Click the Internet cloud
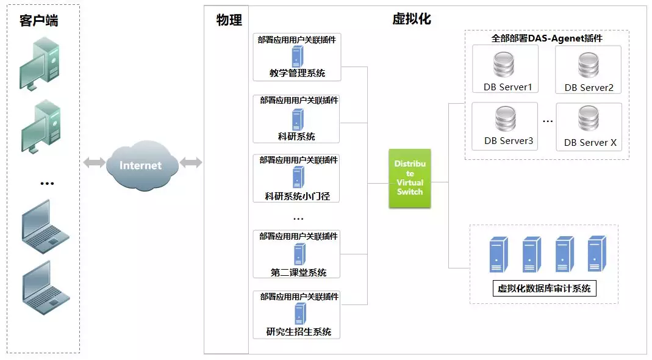pos(142,165)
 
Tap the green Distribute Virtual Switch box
pos(410,178)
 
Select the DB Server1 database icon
pos(504,65)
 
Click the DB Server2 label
pos(589,88)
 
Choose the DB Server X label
pos(590,142)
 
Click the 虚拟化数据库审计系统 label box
pos(544,289)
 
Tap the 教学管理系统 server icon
pos(297,56)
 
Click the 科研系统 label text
pos(296,137)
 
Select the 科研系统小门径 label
pos(297,196)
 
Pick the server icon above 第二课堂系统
pos(299,254)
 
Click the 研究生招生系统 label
pos(299,332)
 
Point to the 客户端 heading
pos(38,20)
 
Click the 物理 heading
pos(229,20)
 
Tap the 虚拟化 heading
pos(412,19)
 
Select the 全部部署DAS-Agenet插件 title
pos(547,38)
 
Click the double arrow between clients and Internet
pos(95,162)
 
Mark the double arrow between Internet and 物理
pos(191,162)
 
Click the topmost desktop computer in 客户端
pos(40,63)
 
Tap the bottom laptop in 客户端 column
pos(46,287)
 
